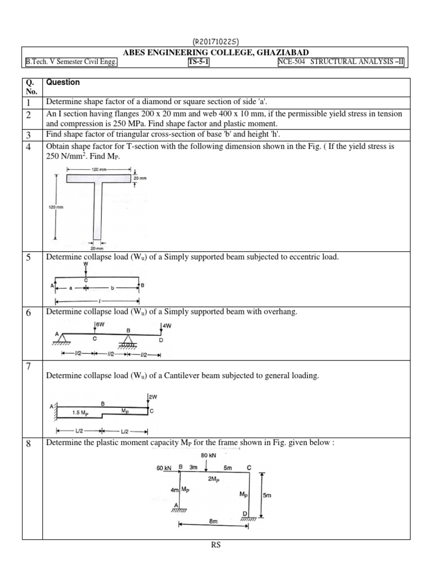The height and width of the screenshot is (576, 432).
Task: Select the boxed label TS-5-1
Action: click(199, 62)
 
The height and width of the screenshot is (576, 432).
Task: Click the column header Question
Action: click(63, 82)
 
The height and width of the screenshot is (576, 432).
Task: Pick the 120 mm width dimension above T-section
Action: click(98, 169)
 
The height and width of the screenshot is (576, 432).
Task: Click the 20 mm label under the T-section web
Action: click(97, 247)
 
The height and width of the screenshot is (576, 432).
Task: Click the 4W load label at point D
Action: click(168, 325)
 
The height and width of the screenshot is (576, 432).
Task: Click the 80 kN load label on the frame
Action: click(208, 456)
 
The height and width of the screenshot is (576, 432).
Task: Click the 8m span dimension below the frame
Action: click(213, 521)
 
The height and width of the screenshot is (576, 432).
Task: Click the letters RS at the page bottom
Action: click(215, 544)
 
